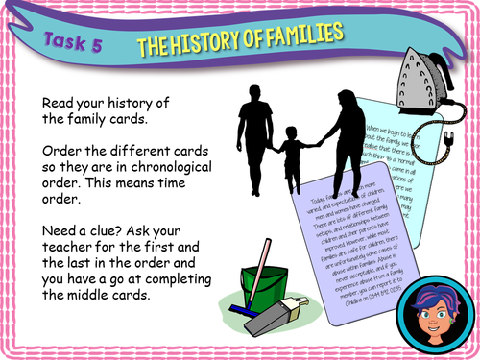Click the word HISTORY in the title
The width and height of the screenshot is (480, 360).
coord(219,40)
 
